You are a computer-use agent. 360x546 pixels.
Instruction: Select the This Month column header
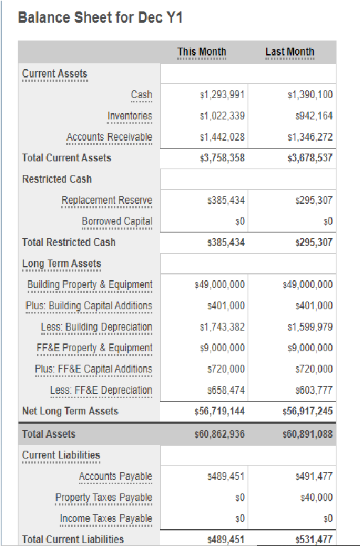201,51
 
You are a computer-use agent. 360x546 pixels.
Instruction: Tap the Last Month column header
290,51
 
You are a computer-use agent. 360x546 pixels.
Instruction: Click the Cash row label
141,95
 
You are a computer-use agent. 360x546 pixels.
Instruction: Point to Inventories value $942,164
309,116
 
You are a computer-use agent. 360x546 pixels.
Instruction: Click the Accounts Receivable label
109,136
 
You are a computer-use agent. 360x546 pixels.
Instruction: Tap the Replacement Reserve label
106,200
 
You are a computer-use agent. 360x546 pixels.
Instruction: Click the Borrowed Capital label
117,221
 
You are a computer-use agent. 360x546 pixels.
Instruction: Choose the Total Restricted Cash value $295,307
309,242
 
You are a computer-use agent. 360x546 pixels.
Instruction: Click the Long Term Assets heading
61,264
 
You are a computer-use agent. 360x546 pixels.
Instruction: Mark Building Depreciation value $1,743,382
219,327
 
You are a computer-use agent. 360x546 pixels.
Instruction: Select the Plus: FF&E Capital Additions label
92,369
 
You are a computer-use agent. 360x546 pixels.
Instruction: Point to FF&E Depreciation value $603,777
309,390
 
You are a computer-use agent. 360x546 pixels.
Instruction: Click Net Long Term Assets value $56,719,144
219,411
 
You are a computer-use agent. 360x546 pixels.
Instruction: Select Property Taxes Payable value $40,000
314,497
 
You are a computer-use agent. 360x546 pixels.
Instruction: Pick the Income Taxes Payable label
105,518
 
